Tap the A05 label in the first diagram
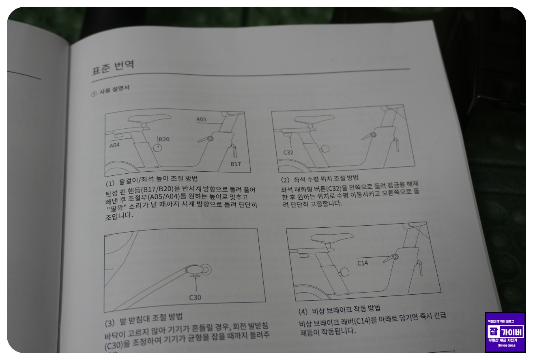[202, 119]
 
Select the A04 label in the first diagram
[115, 146]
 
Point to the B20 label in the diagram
[164, 139]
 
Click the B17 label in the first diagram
[236, 164]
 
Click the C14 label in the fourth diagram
[363, 263]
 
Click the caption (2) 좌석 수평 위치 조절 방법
[320, 178]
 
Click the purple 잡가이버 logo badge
[505, 332]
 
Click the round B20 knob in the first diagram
[157, 148]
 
